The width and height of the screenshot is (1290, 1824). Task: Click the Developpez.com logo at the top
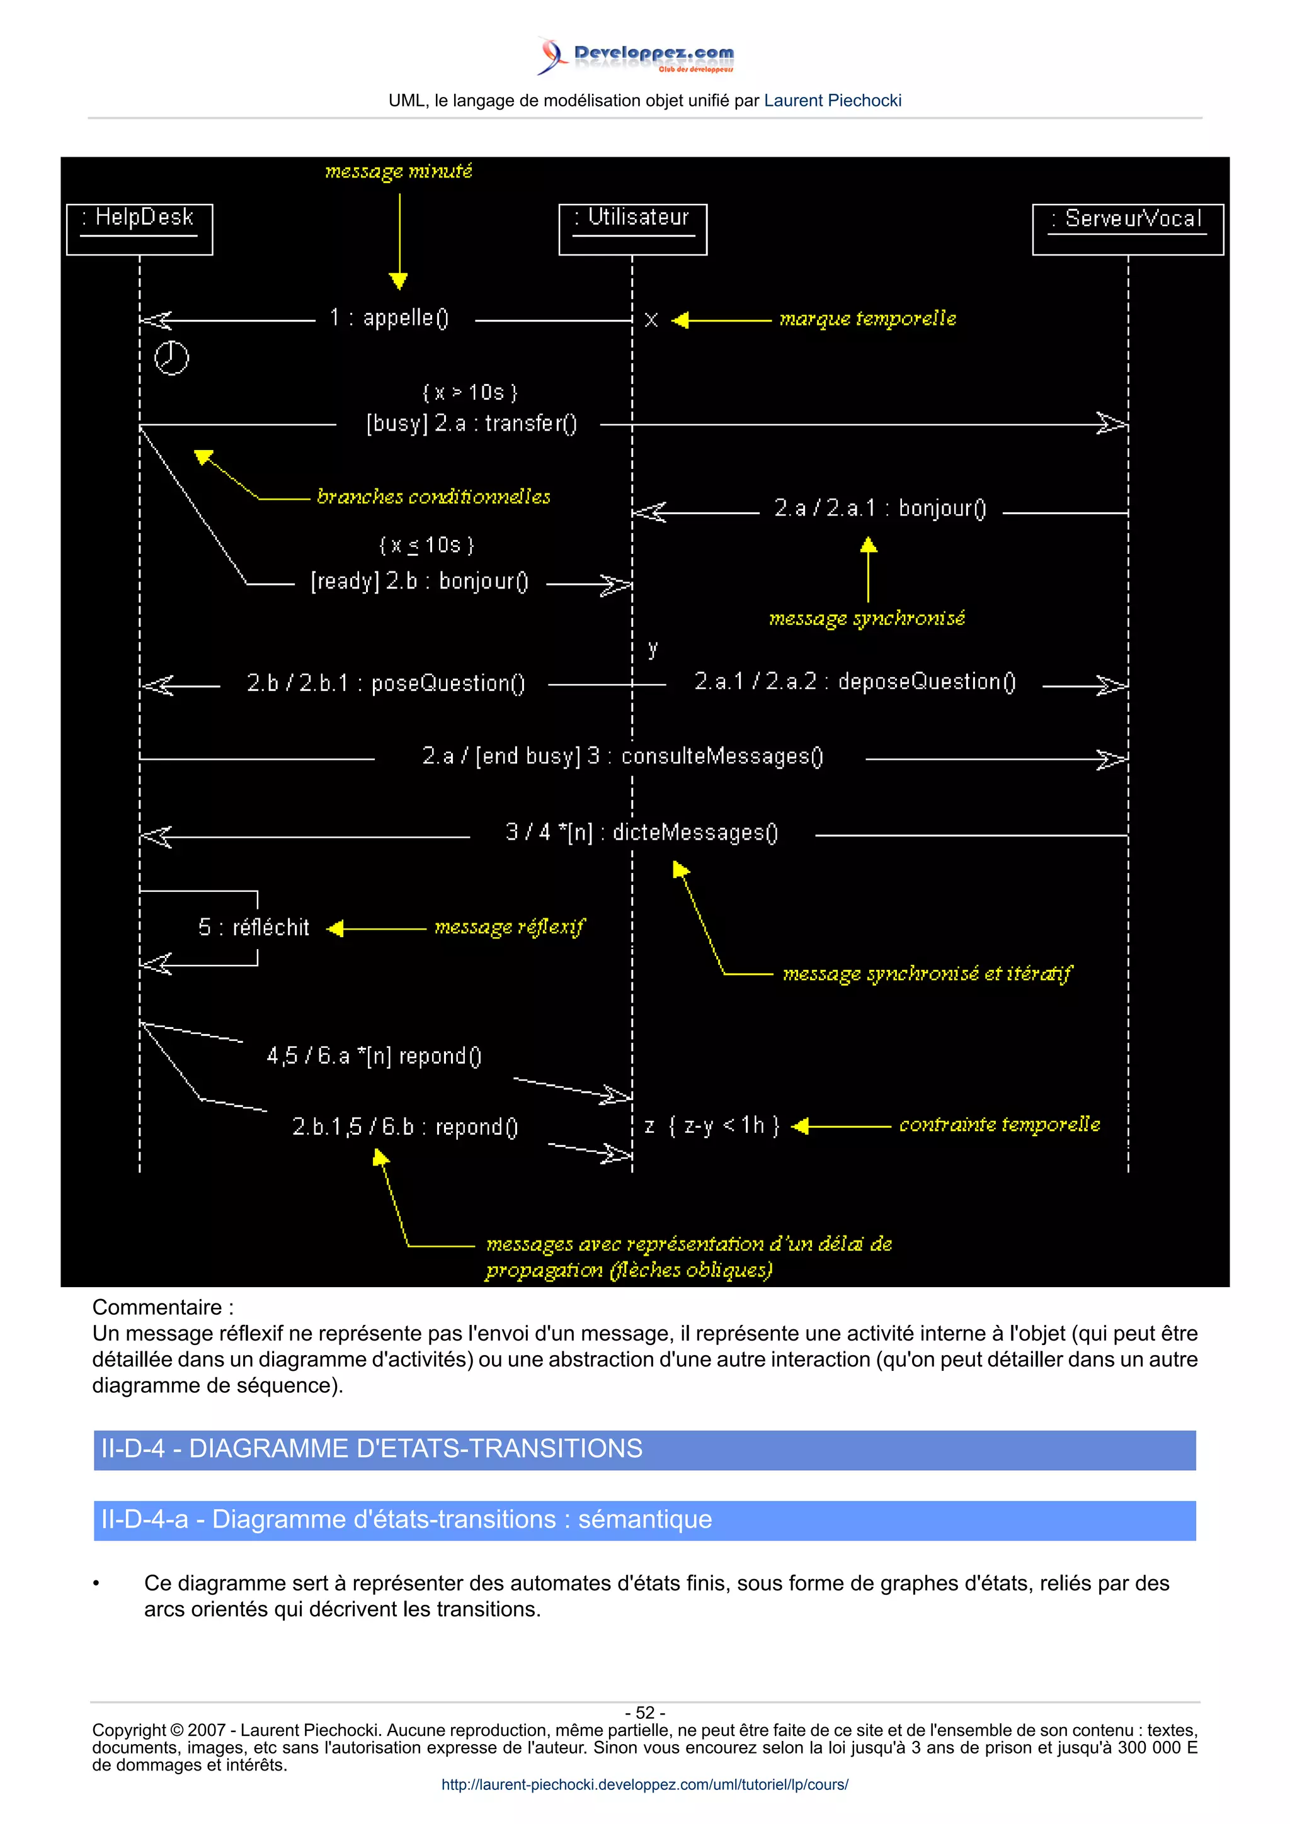click(x=636, y=55)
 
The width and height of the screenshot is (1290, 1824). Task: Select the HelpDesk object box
click(x=140, y=229)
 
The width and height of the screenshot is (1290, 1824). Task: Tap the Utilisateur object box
click(x=632, y=229)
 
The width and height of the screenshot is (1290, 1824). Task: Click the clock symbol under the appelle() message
click(x=171, y=358)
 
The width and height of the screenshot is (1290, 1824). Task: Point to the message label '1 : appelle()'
click(x=389, y=318)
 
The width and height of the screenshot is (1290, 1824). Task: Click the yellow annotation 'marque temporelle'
click(x=867, y=319)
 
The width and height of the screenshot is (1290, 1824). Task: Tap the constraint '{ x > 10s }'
click(x=470, y=393)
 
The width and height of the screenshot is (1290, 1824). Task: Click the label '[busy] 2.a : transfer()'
click(x=471, y=424)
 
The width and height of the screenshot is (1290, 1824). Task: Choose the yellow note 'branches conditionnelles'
click(x=433, y=497)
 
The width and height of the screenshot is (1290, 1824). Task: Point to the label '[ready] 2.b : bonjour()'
click(x=420, y=582)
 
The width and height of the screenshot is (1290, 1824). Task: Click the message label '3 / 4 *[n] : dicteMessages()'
click(x=642, y=833)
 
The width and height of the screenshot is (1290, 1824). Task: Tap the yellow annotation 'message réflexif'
click(x=510, y=927)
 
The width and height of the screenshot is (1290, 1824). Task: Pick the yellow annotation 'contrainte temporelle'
click(x=999, y=1125)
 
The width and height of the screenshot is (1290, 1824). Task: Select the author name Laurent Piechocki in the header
click(x=832, y=101)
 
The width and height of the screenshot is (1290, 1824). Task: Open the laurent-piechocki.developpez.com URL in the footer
click(x=644, y=1784)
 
